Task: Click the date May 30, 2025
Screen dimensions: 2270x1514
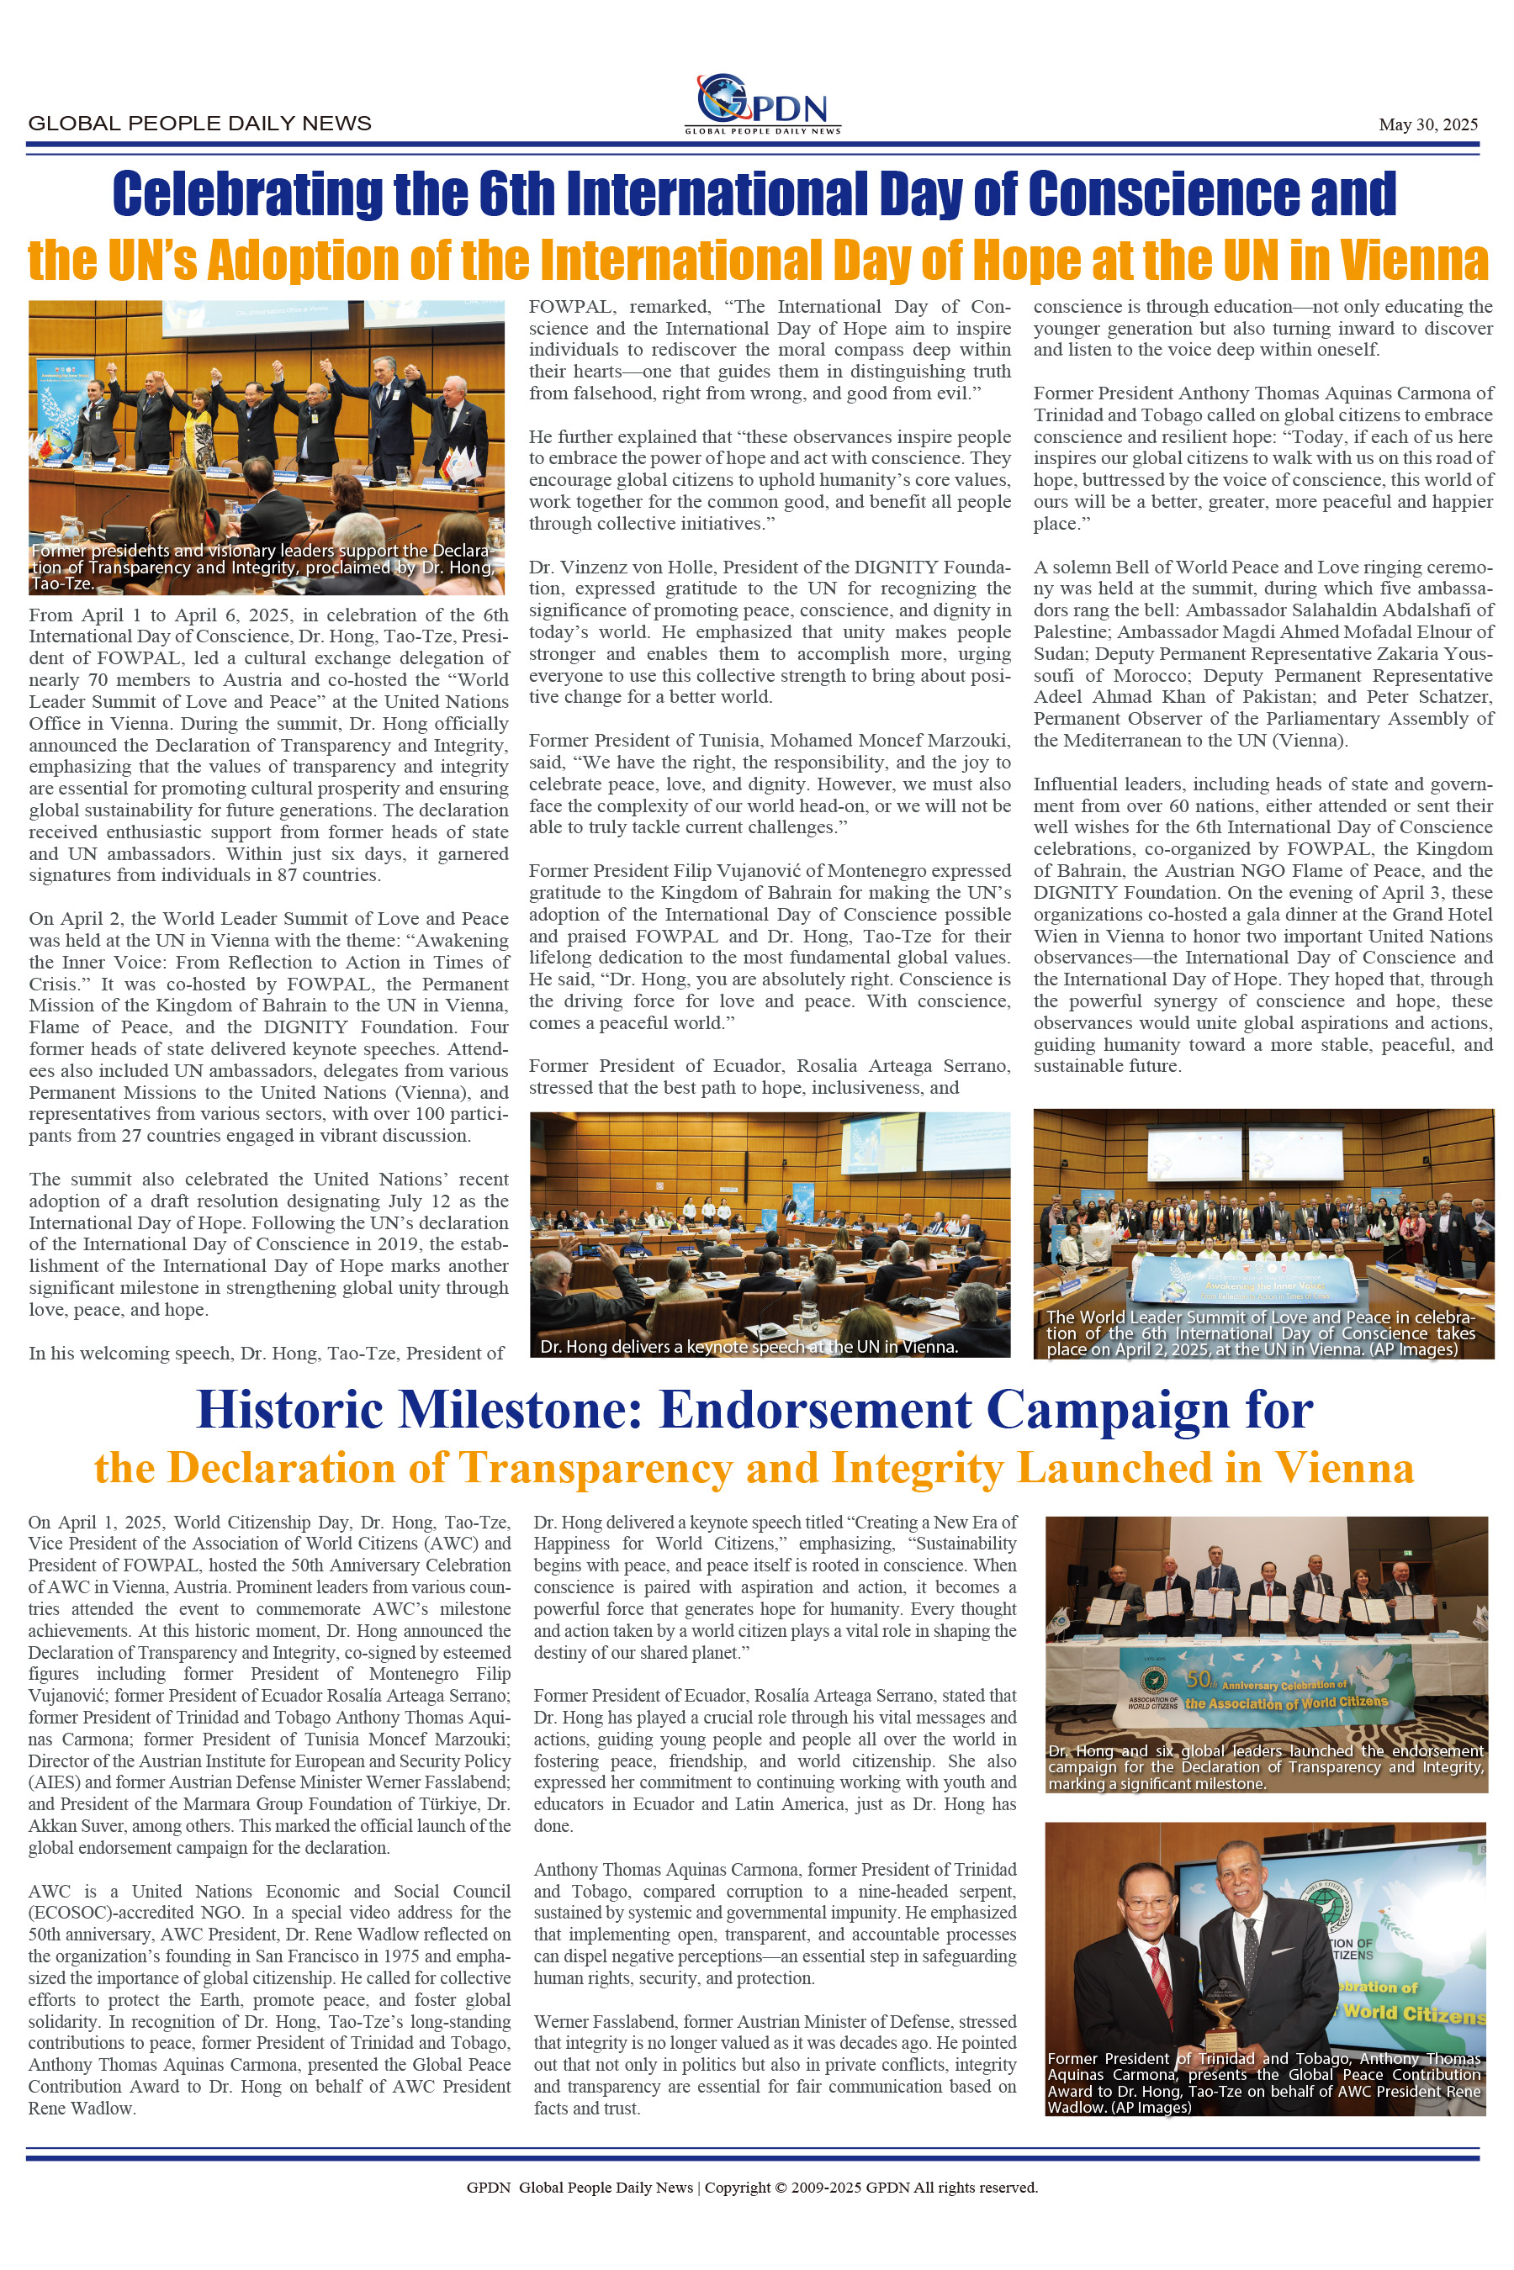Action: (x=1427, y=124)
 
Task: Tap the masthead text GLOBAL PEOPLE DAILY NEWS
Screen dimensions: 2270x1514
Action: (x=200, y=124)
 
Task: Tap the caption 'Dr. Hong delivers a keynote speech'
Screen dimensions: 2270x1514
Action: (x=749, y=1346)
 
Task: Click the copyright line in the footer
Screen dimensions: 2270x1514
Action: (x=752, y=2187)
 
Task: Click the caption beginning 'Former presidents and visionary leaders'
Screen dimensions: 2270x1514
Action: (x=262, y=567)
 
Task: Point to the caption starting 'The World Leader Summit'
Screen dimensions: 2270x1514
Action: (x=1261, y=1333)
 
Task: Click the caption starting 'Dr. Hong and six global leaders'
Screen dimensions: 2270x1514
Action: (x=1265, y=1767)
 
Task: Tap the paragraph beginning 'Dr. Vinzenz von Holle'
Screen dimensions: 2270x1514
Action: (x=770, y=631)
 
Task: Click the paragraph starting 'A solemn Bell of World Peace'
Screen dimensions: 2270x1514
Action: (x=1263, y=653)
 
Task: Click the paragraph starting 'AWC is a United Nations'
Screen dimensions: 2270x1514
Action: (x=269, y=1998)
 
